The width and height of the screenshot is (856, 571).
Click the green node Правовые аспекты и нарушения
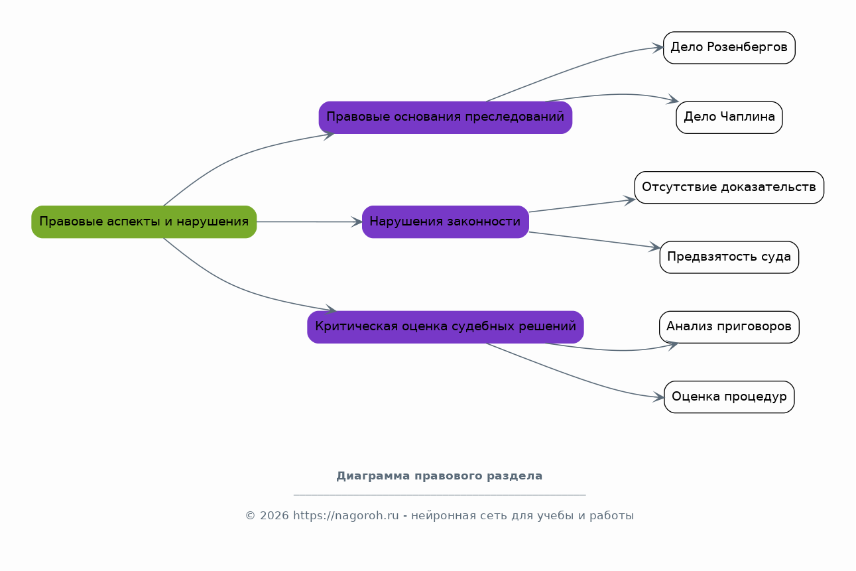tap(144, 222)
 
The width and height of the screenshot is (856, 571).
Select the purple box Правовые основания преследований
tap(446, 117)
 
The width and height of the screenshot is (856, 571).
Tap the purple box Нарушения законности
tap(446, 222)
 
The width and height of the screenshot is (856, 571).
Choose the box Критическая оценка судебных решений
tap(446, 327)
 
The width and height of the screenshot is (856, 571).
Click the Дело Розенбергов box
tap(729, 47)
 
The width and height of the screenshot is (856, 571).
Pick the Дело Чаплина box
tap(729, 117)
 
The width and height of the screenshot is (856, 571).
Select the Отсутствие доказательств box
tap(729, 187)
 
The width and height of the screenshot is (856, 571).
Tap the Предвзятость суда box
tap(729, 257)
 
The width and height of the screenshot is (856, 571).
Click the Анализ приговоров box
tap(729, 327)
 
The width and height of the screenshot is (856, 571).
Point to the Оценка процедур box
tap(729, 397)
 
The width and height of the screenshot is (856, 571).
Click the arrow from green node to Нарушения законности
tap(310, 222)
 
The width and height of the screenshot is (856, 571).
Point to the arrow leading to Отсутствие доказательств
tap(582, 206)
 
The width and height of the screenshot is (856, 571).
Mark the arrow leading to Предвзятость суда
tap(595, 239)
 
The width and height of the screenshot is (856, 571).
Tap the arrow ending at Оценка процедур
tap(574, 377)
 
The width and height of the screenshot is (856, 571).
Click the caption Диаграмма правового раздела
tap(440, 476)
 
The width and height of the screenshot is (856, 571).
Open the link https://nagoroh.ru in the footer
tap(346, 515)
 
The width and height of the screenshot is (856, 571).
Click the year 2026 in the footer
tap(275, 515)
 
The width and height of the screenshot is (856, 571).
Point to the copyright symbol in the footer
tap(251, 515)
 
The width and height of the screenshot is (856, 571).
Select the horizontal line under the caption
tap(440, 495)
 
